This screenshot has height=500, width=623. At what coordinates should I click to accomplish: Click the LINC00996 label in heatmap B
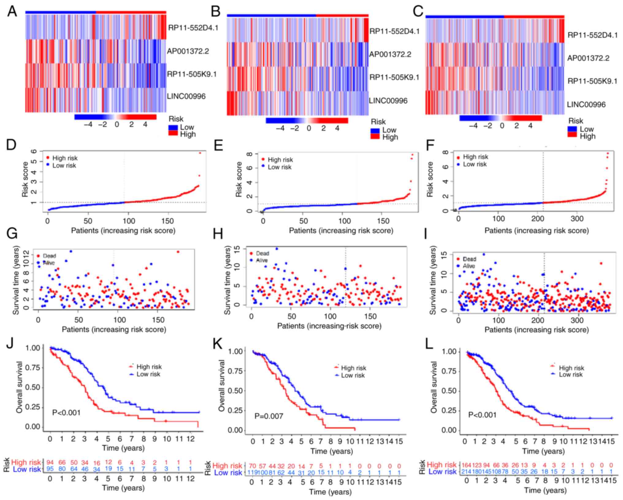click(x=388, y=101)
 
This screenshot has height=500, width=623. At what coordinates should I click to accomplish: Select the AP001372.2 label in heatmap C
click(x=588, y=58)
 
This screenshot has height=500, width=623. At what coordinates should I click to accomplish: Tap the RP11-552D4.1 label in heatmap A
click(x=193, y=28)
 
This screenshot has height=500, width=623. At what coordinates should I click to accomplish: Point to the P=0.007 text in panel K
click(x=269, y=416)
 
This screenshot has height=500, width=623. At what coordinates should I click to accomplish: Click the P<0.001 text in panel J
click(x=66, y=413)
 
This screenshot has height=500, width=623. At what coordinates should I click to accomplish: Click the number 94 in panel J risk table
click(x=50, y=462)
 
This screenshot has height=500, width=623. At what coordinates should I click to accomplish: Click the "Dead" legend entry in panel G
click(x=49, y=256)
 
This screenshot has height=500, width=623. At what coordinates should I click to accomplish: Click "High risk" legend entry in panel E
click(x=280, y=160)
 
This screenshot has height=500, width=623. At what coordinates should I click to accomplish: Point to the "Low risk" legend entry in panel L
click(x=571, y=374)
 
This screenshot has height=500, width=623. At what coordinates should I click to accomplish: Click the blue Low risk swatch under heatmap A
click(x=173, y=127)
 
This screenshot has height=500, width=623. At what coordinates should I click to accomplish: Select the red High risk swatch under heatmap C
click(x=572, y=135)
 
